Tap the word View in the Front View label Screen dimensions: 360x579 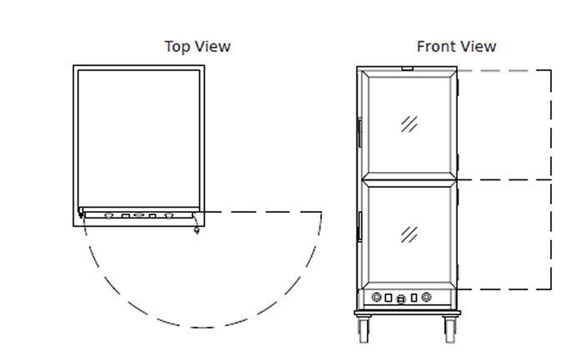477,47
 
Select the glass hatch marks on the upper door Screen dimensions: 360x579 409,124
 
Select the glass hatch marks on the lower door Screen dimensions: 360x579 409,235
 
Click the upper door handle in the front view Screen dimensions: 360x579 359,132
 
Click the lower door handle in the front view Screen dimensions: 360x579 359,226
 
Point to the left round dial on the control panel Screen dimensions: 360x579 377,297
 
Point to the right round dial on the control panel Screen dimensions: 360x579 426,297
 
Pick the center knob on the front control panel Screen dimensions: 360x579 400,300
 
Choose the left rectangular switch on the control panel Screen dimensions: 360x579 388,298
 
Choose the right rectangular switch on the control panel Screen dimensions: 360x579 414,298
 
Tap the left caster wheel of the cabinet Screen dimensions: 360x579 363,331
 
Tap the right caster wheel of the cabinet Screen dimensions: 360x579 450,331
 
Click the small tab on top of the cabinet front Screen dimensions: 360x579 407,69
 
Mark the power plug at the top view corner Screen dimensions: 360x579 196,230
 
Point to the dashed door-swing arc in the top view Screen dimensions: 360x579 203,327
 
